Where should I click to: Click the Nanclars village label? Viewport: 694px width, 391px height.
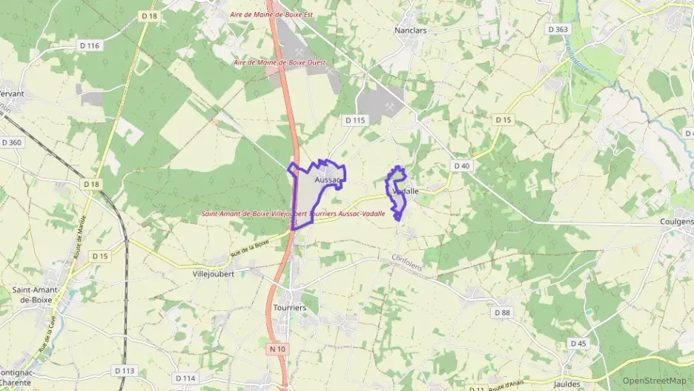click(412, 30)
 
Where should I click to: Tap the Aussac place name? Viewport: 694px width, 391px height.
click(327, 180)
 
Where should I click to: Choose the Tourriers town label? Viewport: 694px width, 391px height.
click(289, 307)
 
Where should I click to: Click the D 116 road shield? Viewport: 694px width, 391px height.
click(89, 46)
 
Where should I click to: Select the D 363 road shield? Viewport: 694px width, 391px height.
click(558, 29)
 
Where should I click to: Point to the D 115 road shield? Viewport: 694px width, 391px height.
click(355, 119)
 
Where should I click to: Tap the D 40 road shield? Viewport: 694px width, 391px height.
click(462, 165)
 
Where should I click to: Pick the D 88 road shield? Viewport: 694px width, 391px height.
click(503, 312)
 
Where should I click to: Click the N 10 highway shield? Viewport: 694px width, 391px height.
click(278, 349)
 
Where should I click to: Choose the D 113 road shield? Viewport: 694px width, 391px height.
click(125, 370)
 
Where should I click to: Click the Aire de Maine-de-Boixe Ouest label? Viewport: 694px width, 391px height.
click(272, 62)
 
